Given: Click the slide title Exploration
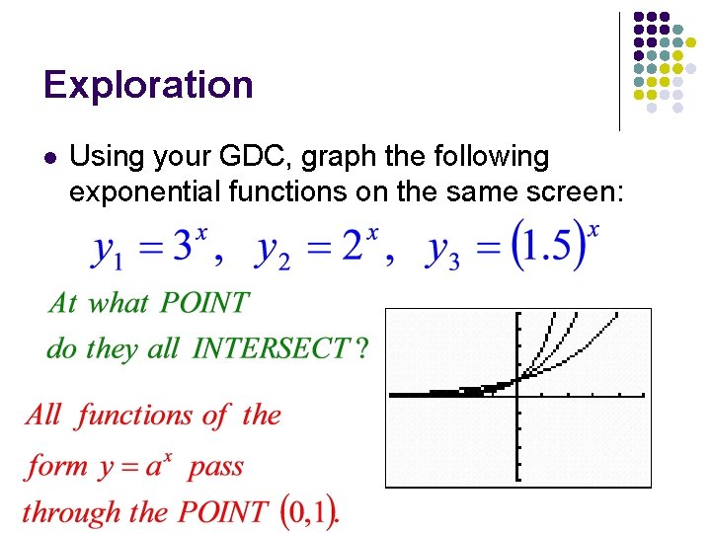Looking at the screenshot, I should [148, 85].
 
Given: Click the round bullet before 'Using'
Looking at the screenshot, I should [50, 157].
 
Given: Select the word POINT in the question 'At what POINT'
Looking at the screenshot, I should [205, 303].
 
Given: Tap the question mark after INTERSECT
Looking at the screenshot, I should [361, 348].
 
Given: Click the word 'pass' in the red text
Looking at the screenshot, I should [215, 467].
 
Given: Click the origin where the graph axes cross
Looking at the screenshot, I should [516, 395].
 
